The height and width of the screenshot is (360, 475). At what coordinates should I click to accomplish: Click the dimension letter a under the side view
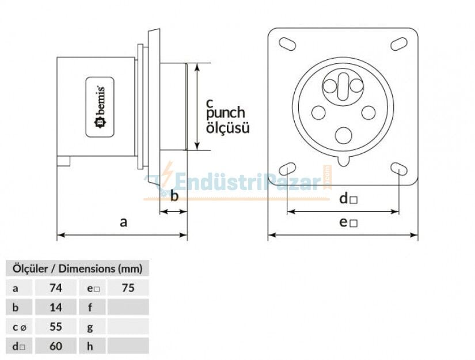click(123, 222)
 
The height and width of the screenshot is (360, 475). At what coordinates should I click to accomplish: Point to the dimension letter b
click(174, 196)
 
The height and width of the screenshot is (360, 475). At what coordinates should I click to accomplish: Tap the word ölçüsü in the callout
click(227, 127)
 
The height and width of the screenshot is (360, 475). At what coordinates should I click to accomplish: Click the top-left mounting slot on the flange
click(287, 44)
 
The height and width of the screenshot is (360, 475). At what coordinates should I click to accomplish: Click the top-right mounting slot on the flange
click(398, 44)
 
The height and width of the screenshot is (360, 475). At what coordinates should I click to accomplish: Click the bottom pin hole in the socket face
click(343, 136)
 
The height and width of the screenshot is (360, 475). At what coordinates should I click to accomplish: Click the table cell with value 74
click(56, 287)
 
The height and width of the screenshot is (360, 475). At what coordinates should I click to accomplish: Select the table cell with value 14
click(56, 307)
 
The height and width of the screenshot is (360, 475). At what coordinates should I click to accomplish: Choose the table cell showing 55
click(56, 327)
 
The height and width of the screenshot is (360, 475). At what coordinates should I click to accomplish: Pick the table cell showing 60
click(56, 346)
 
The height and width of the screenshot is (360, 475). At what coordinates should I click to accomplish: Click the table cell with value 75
click(128, 287)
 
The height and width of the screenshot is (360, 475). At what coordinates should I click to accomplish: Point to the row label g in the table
click(90, 327)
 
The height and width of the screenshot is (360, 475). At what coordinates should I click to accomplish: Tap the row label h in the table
click(90, 346)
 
